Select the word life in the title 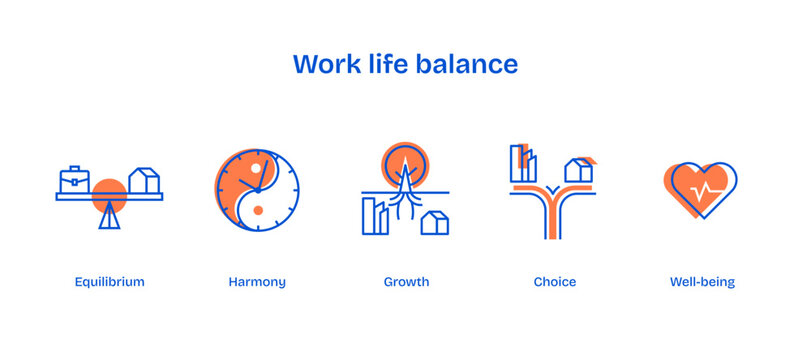395,64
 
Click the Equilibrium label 109,282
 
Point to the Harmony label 257,282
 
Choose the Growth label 406,282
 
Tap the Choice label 554,282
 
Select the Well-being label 702,282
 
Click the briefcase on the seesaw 74,180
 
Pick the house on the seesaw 144,181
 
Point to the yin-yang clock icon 257,190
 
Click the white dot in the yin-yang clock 255,167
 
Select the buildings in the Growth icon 375,216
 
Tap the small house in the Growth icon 435,222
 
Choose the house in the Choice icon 579,171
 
